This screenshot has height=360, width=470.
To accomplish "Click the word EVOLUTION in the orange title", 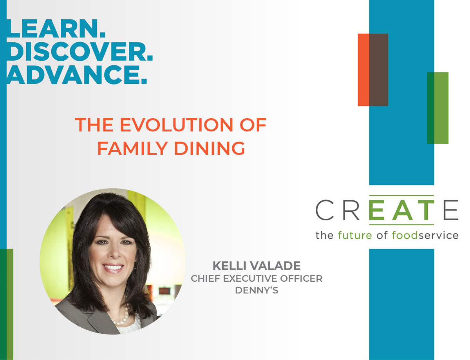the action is coord(176,125).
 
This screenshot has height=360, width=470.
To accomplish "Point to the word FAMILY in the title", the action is coord(133,148).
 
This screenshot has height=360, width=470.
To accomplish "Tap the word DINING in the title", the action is coord(210,148).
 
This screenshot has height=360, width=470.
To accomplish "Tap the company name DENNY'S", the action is coord(257,290).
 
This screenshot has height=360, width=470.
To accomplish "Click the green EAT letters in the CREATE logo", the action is coord(401,210).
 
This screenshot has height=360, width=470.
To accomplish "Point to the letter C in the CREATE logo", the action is coord(325,210).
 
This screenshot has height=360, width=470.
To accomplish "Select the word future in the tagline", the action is coord(355,235).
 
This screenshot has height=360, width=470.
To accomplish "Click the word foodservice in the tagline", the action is coord(425,235).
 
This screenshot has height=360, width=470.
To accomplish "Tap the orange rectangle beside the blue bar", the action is coord(363,70).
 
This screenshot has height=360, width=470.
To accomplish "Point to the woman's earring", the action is coord(136,265).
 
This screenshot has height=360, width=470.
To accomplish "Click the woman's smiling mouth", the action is coord(113,268).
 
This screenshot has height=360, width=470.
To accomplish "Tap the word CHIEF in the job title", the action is coord(206,279).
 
